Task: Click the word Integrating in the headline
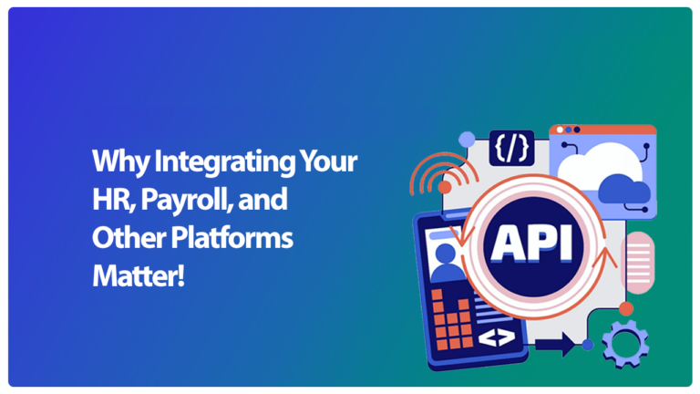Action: point(224,162)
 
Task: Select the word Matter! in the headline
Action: point(138,276)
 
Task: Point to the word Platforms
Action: point(232,238)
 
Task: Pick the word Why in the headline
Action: point(120,162)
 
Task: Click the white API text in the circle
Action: point(532,243)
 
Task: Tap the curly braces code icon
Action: point(511,148)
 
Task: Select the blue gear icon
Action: point(625,344)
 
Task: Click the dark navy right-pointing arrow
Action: point(555,345)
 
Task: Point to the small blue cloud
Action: point(623,190)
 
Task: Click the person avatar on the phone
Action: point(446,264)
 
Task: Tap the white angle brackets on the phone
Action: point(496,337)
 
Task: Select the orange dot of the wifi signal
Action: point(445,187)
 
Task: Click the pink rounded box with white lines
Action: point(638,263)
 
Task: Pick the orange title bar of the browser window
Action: point(602,130)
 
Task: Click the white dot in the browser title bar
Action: point(560,130)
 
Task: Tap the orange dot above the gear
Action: point(626,308)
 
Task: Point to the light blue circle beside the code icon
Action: point(467,140)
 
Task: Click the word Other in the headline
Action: point(129,238)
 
